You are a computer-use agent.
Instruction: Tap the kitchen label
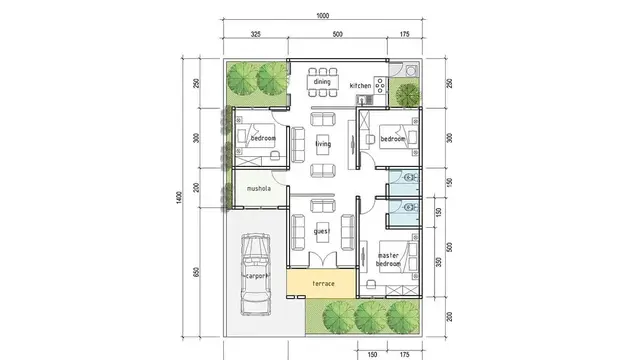[360, 87]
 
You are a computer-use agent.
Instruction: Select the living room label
[322, 145]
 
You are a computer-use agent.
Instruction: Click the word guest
[322, 231]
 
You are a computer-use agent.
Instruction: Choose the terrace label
[322, 284]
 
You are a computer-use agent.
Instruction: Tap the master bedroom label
[388, 259]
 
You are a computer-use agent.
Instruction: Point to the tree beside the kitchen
[406, 94]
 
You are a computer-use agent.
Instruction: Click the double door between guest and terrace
[322, 268]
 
